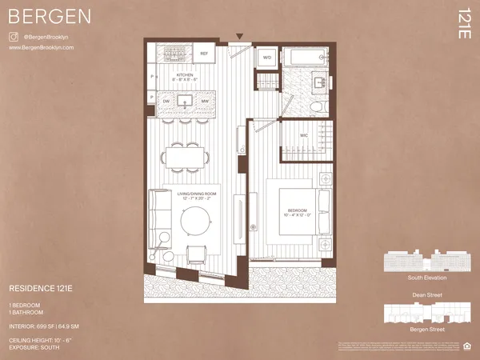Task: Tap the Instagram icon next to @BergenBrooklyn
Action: coord(13,37)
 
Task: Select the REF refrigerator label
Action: coord(203,54)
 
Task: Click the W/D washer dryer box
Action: coord(266,58)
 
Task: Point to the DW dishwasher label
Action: coord(166,102)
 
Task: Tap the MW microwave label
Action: coord(205,102)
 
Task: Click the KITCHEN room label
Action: coord(185,75)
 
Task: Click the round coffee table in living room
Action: coord(197,220)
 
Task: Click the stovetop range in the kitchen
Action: coord(174,54)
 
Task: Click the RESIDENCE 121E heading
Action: coord(47,286)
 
